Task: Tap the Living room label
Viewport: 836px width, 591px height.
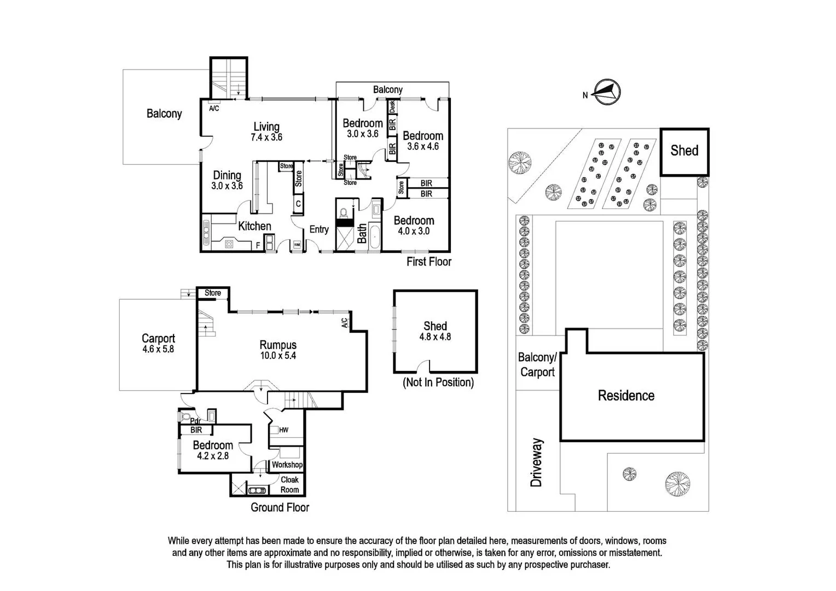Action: tap(266, 127)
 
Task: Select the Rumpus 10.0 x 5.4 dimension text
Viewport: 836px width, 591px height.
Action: tap(278, 356)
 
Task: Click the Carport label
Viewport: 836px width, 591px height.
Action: tap(158, 338)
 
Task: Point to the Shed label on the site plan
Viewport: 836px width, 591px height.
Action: tap(684, 150)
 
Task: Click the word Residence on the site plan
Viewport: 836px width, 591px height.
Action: tap(626, 395)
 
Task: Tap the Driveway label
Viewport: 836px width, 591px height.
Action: tap(537, 462)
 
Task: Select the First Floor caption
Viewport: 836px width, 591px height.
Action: tap(428, 262)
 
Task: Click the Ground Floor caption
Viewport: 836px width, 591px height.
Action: tap(280, 507)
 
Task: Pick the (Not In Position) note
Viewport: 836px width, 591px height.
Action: tap(438, 383)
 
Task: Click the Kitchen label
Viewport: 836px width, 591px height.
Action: tap(254, 226)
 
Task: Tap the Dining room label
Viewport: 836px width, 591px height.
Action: tap(227, 175)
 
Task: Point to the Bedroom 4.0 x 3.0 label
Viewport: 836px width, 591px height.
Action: tap(414, 225)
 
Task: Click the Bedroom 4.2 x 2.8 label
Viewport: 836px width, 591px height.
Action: tap(213, 450)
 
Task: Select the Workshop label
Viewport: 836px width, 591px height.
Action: tap(287, 465)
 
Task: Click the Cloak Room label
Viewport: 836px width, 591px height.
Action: tap(289, 484)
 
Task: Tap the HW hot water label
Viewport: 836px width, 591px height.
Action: tap(283, 430)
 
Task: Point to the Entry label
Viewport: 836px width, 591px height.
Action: tap(319, 229)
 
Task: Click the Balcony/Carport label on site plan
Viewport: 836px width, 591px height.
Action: tap(537, 364)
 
